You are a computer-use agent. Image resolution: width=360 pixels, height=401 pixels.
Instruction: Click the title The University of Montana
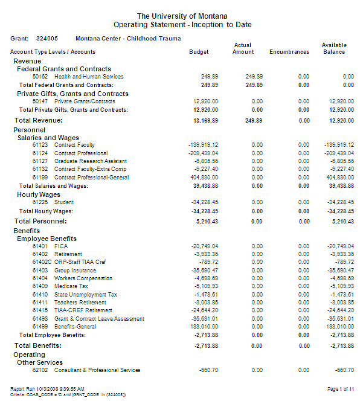tap(182, 16)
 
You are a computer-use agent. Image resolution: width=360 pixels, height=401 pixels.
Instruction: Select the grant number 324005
tap(47, 38)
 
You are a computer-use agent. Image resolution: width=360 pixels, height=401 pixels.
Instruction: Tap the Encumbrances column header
tap(289, 52)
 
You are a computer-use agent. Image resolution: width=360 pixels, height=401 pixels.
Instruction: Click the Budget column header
tap(199, 52)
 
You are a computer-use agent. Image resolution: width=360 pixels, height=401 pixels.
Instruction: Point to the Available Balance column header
tap(333, 48)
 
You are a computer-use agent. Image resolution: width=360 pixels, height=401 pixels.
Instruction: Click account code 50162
tap(40, 77)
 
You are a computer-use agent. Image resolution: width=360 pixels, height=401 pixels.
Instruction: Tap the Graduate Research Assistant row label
tap(90, 161)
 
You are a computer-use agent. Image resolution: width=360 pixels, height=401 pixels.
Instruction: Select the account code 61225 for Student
tap(40, 202)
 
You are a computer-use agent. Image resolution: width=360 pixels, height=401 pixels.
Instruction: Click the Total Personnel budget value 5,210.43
tap(207, 222)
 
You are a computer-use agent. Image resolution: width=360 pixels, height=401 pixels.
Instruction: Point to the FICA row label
tap(61, 246)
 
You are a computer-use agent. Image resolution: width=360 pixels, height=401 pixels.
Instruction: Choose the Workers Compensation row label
tap(83, 278)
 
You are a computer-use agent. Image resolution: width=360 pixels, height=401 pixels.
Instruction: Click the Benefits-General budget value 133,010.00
tap(204, 327)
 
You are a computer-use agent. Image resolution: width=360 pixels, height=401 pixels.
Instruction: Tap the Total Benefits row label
tap(38, 345)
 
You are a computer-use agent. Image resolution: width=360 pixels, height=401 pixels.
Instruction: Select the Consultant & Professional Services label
tap(97, 370)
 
